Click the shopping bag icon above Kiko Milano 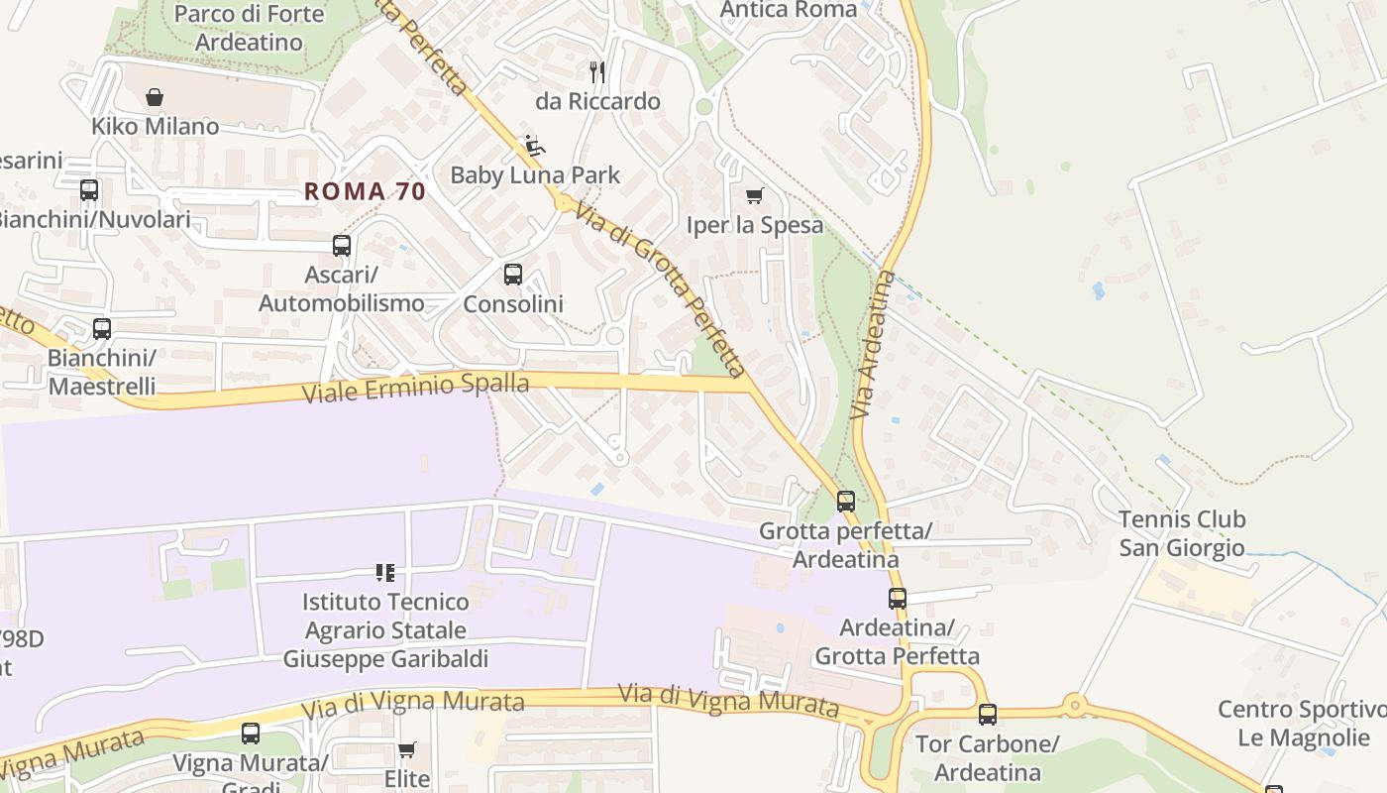click(x=154, y=97)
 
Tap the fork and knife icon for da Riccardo click(x=597, y=71)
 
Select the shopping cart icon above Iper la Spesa click(x=755, y=195)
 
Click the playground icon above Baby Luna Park click(x=534, y=146)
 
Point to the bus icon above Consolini click(x=513, y=275)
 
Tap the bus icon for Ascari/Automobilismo click(x=342, y=245)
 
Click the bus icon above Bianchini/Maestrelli click(x=102, y=328)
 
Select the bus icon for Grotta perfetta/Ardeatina click(x=845, y=502)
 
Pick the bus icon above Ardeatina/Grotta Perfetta click(x=898, y=598)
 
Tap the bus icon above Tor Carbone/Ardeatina click(x=988, y=714)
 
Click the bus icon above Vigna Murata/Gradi click(x=251, y=734)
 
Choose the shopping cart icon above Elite click(x=406, y=749)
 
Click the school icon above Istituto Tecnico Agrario click(x=385, y=572)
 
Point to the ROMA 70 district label click(x=365, y=191)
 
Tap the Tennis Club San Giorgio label click(x=1182, y=533)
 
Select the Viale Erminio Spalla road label click(x=415, y=388)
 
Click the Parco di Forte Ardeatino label click(x=249, y=28)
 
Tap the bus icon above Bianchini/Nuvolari click(x=89, y=189)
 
